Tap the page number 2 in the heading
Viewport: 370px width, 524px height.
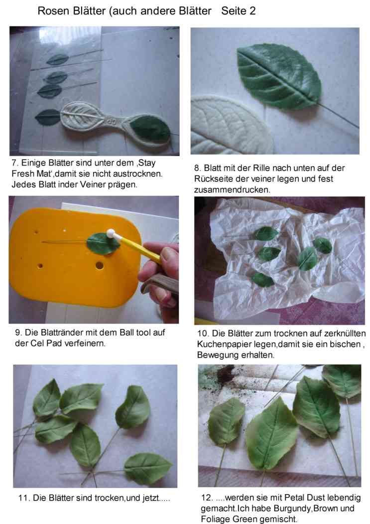pos(252,10)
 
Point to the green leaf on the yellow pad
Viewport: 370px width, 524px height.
pos(103,244)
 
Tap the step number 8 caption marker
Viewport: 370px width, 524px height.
pos(197,168)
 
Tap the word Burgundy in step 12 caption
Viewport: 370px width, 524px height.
pos(291,509)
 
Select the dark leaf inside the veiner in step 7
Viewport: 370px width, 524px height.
pos(150,129)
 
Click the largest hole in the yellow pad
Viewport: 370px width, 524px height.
pos(99,266)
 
